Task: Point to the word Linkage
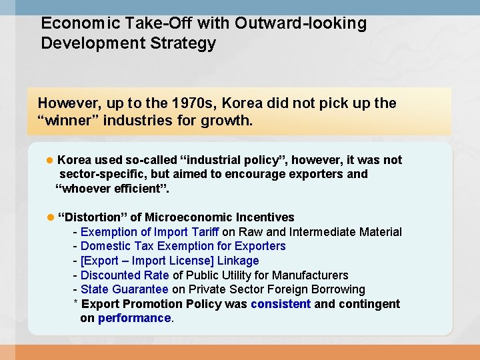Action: [238, 261]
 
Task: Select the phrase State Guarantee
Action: [125, 289]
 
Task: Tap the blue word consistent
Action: [281, 304]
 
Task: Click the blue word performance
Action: [134, 318]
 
